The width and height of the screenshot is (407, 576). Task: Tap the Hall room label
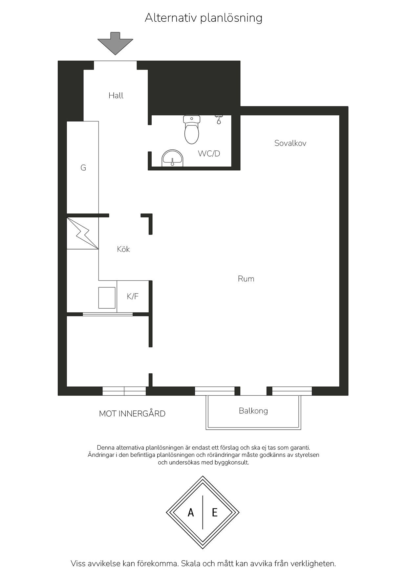point(116,96)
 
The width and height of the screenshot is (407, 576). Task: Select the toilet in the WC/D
point(192,130)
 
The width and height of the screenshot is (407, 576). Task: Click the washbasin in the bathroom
point(172,158)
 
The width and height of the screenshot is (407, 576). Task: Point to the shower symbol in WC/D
point(219,119)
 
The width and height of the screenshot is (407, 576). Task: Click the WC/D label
point(209,153)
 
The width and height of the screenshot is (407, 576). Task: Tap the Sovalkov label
point(290,143)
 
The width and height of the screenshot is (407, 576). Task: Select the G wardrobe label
point(83,168)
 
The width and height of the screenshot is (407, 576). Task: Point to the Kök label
point(123,249)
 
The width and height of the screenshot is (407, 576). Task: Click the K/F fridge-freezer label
point(133,297)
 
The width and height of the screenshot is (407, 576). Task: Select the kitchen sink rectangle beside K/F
point(107,298)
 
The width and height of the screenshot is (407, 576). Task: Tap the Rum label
point(246,279)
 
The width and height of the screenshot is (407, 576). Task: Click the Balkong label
point(253,411)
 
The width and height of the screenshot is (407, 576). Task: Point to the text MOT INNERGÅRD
point(132,414)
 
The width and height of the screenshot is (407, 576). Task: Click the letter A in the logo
point(191,512)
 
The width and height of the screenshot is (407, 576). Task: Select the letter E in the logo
point(215,512)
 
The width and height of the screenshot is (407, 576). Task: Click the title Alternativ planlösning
point(203,18)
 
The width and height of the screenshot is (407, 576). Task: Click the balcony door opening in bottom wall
point(253,391)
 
